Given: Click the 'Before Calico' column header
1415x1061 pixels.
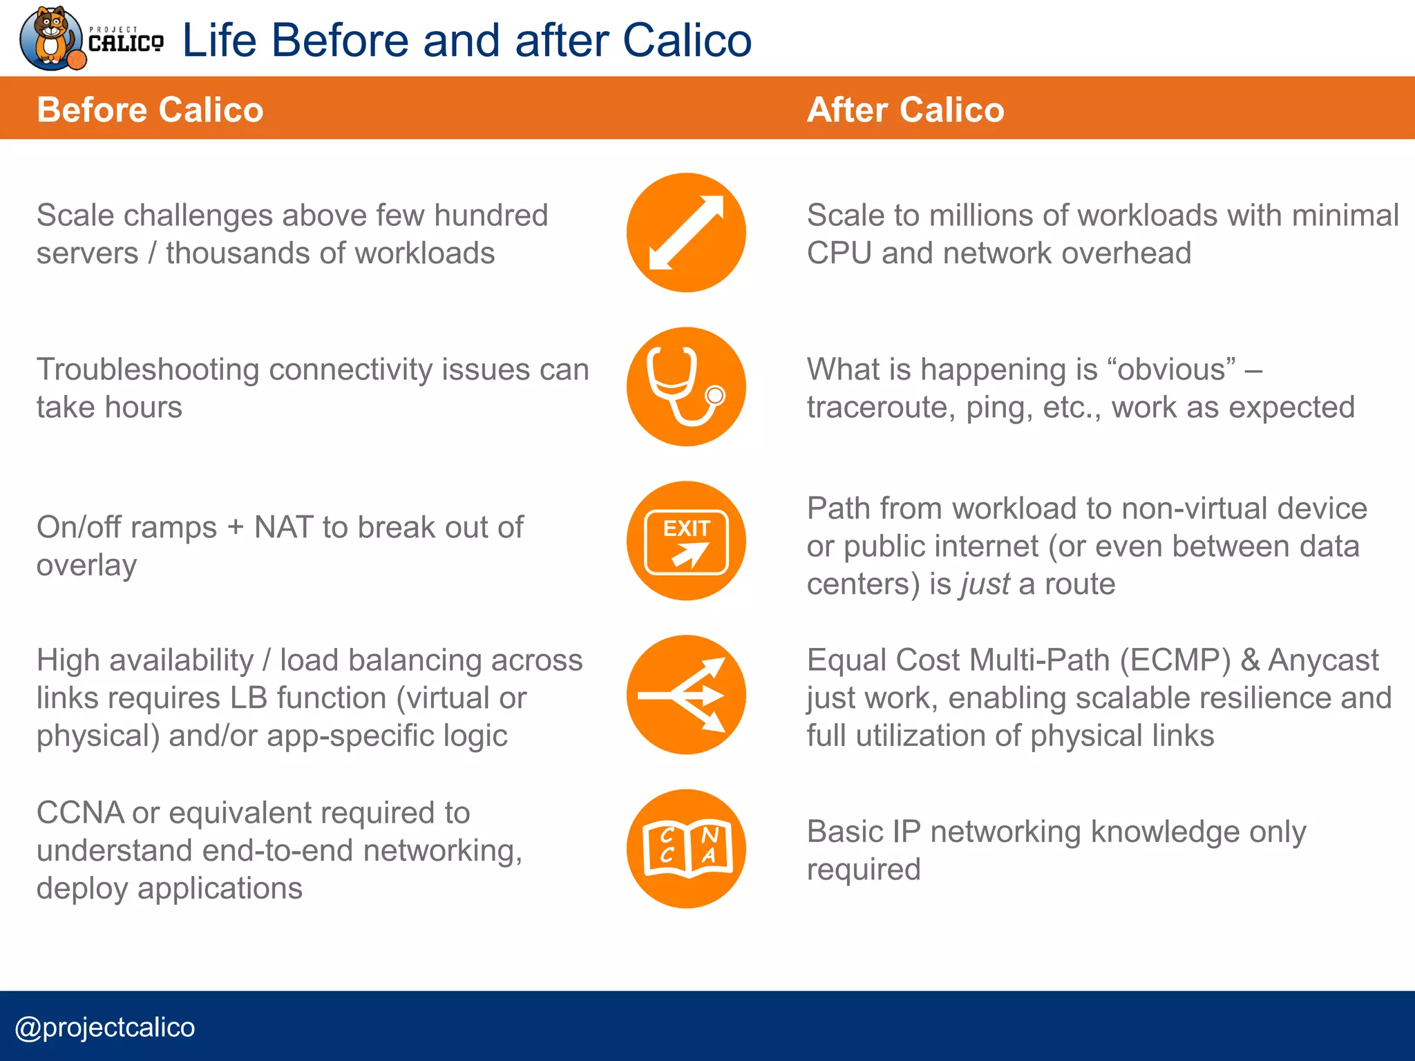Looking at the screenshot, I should coord(150,110).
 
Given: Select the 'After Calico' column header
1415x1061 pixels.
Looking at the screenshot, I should coord(905,110).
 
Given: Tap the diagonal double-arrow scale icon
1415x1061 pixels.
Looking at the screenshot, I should coord(686,233).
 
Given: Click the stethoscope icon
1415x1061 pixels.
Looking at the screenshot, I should coord(686,387).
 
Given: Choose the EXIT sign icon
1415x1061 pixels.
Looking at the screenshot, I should coord(686,541).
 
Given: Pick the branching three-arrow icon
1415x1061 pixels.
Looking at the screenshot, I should coord(686,695).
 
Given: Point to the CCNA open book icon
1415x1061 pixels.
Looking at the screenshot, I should coord(686,849).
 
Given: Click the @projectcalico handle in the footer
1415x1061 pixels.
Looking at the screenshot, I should coord(105,1027).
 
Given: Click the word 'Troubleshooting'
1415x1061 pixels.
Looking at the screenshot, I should coord(148,370).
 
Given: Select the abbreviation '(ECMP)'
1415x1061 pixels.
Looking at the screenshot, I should coord(1175,660).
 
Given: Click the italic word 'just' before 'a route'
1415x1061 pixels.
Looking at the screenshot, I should coord(985,584).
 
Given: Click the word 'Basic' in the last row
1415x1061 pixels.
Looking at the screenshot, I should coord(845,832).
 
